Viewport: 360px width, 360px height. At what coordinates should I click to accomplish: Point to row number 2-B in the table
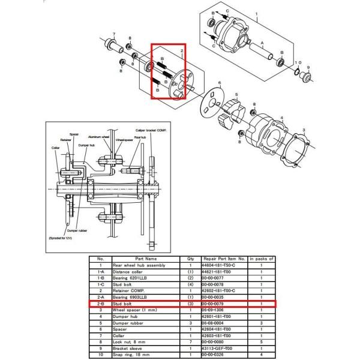click(x=101, y=304)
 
